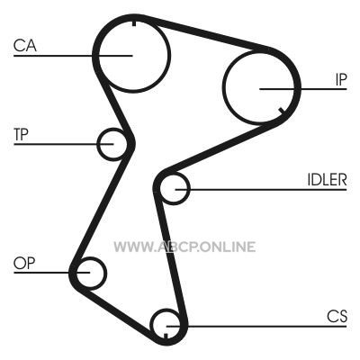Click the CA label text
[25, 46]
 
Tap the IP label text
[341, 79]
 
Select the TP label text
[21, 134]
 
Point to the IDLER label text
[327, 180]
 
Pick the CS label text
[337, 316]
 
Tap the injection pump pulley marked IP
[222, 87]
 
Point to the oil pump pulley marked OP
[106, 273]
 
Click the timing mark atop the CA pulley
[134, 22]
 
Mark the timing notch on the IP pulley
[282, 111]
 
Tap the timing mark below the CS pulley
[166, 336]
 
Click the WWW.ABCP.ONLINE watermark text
[184, 247]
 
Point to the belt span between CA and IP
[207, 33]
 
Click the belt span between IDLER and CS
[170, 258]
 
